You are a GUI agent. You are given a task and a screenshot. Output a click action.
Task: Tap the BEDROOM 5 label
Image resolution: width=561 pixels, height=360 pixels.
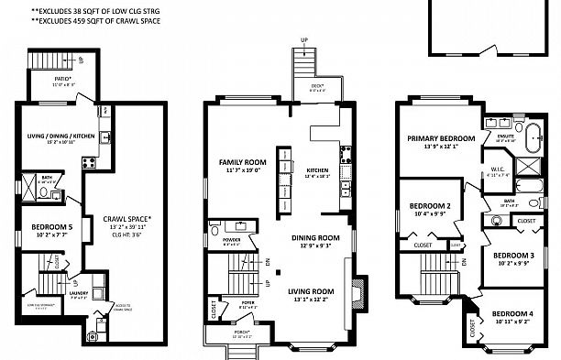pos(52,226)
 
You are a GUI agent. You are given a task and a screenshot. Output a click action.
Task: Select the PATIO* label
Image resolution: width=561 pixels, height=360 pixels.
pos(62,79)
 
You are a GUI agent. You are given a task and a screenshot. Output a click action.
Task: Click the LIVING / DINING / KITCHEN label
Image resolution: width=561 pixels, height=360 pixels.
pos(60,136)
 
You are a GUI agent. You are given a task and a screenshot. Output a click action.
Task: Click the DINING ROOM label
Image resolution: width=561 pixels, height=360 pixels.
pos(316,237)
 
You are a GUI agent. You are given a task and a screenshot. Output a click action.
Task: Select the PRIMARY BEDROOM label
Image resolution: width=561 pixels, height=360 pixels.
pos(442,138)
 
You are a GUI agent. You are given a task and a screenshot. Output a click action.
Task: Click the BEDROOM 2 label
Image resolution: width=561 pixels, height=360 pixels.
pos(428,205)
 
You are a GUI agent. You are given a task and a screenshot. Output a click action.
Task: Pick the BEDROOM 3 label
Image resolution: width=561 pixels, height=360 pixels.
pos(513,256)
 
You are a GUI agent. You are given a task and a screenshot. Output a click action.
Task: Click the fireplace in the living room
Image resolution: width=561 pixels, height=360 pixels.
pos(358,285)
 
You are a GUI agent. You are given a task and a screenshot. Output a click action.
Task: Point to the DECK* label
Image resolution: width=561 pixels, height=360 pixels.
pos(318,85)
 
